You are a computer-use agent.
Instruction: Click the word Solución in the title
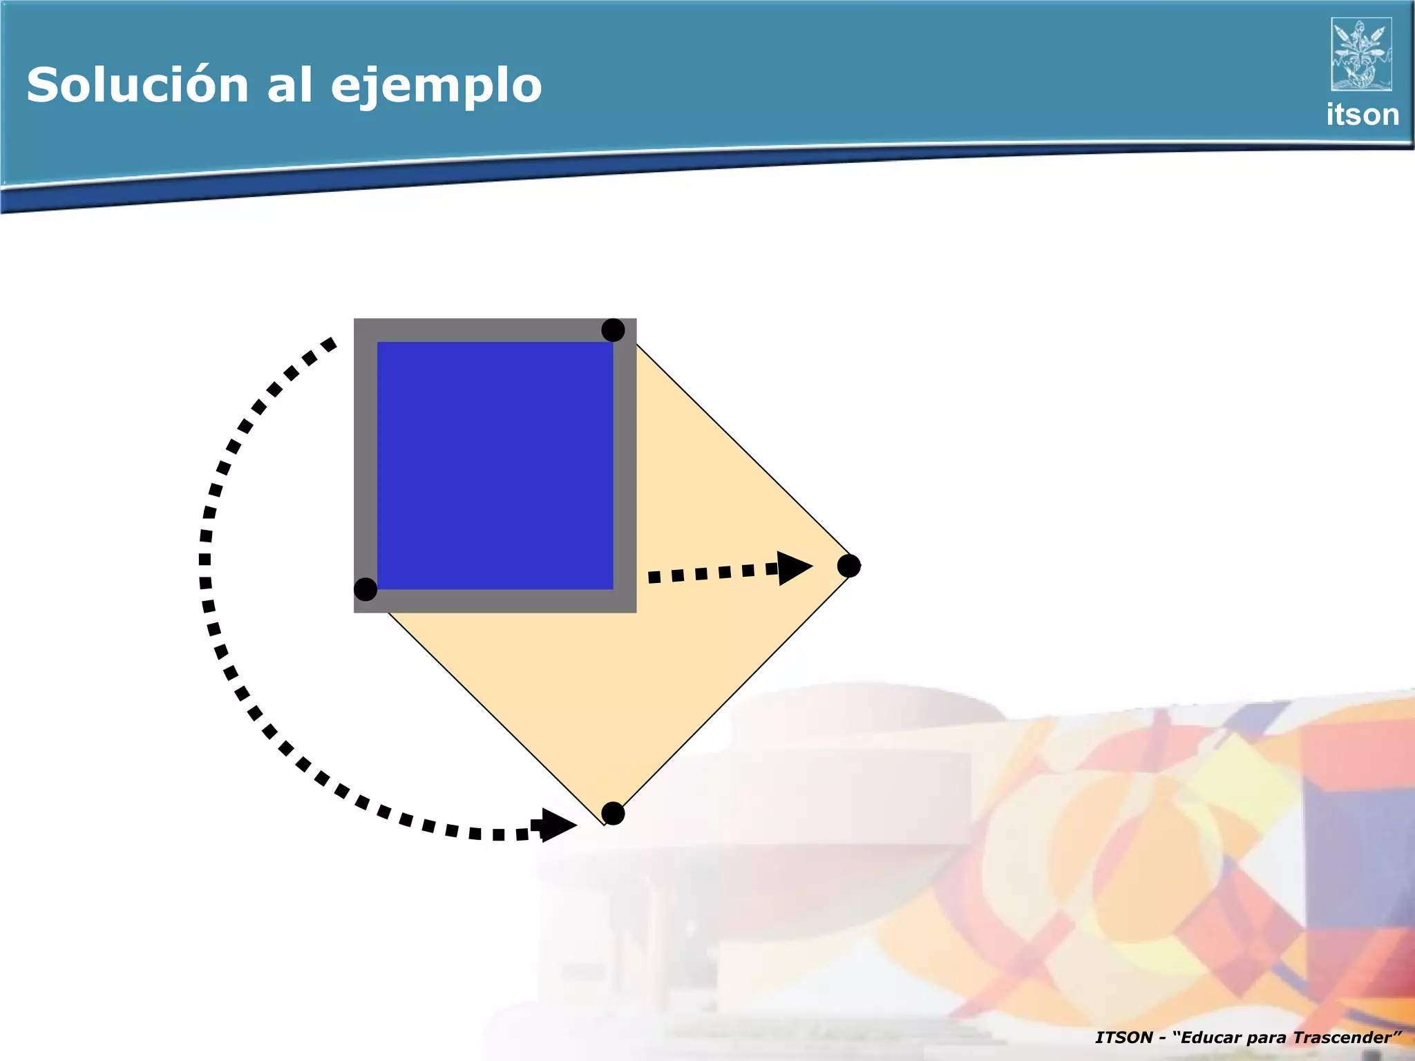point(137,85)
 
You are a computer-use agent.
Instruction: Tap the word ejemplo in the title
point(436,86)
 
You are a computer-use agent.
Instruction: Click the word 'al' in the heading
point(289,85)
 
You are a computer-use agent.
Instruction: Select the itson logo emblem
point(1360,55)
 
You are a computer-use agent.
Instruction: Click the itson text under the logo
point(1362,115)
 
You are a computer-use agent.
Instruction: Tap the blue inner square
point(495,466)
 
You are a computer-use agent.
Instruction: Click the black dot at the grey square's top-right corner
point(613,330)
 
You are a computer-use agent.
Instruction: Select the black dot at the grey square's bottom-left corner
point(365,589)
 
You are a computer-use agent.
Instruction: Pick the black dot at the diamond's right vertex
point(848,566)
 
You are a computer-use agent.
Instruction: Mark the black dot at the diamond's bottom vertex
point(613,813)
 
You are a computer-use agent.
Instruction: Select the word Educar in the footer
point(1211,1038)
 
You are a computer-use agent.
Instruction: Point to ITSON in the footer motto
point(1123,1038)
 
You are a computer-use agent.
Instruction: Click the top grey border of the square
point(495,330)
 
